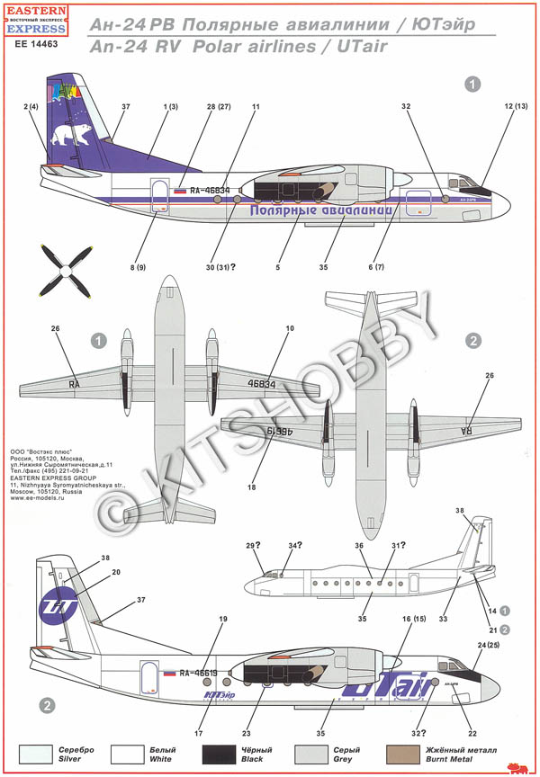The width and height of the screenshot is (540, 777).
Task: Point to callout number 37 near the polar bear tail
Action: click(125, 107)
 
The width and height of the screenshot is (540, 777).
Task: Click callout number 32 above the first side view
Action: click(407, 106)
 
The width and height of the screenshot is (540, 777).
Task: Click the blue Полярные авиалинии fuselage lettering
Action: click(321, 210)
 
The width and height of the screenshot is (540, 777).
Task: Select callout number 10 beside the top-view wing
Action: click(290, 328)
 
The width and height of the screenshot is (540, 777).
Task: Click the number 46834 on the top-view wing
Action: click(261, 383)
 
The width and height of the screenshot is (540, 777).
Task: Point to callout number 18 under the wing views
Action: click(252, 487)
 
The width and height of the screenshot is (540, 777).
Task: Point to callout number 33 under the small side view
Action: click(443, 618)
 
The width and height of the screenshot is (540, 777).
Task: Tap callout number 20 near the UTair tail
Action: click(116, 572)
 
